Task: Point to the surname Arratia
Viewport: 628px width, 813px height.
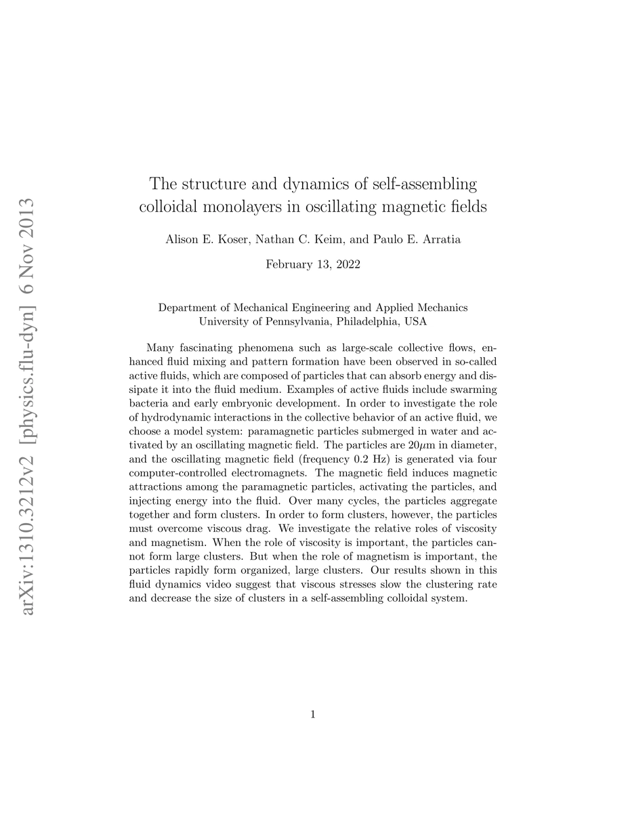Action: (x=440, y=240)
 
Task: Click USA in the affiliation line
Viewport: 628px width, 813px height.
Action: (x=415, y=320)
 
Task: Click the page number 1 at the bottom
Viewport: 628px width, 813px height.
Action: (x=314, y=713)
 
